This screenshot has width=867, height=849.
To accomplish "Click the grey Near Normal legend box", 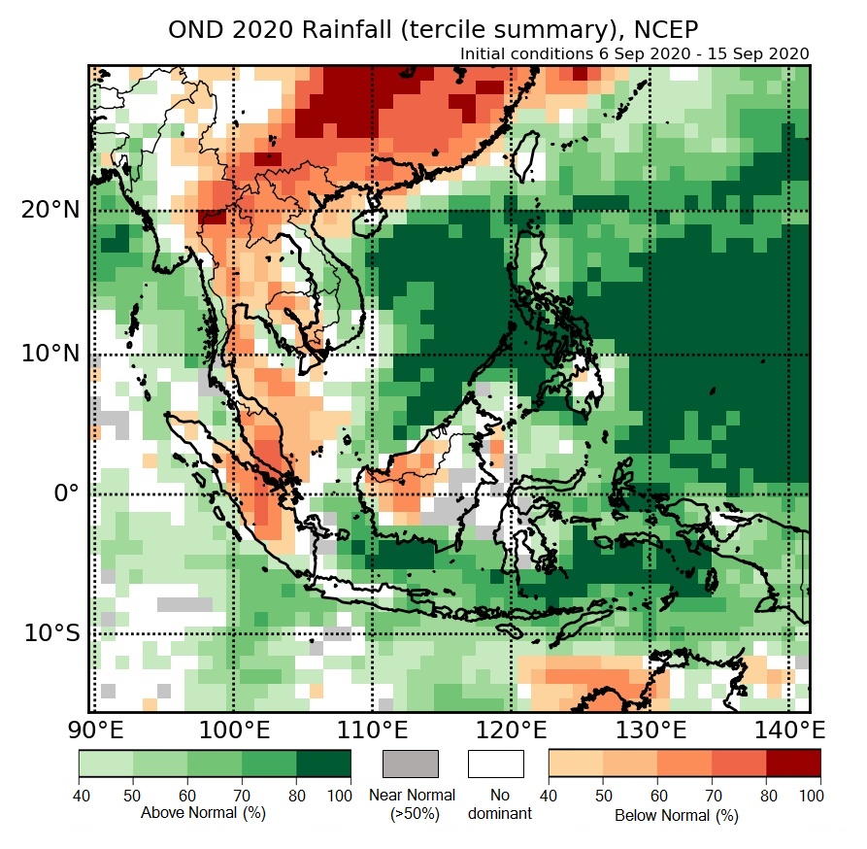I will [411, 764].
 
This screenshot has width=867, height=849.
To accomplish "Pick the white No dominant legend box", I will [495, 764].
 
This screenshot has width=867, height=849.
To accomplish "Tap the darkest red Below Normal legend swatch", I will [793, 764].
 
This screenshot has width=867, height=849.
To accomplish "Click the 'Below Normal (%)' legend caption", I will [677, 815].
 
